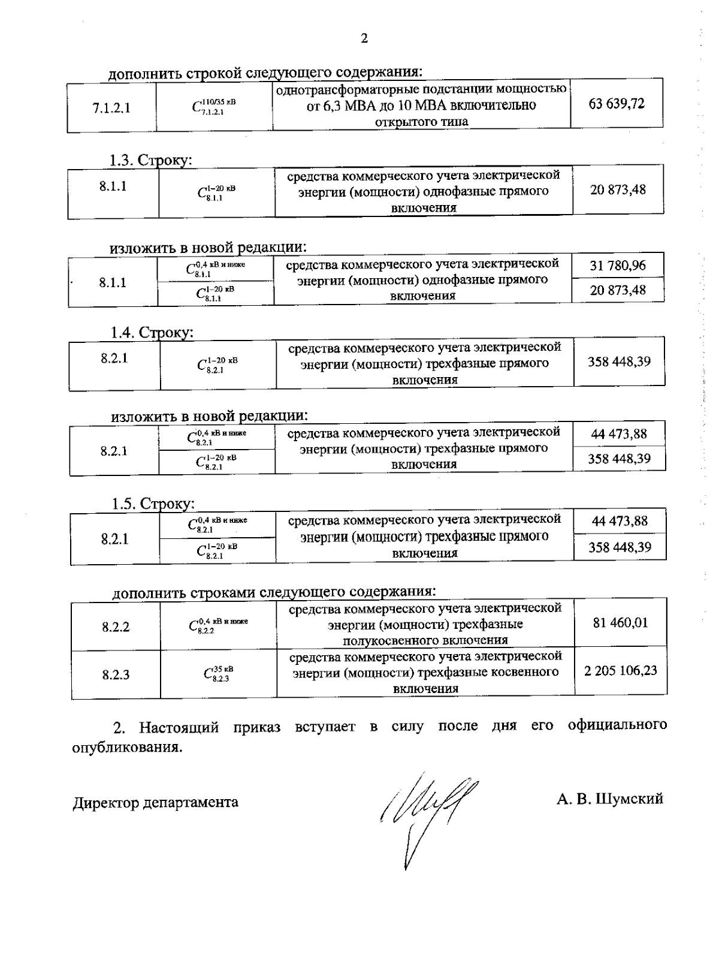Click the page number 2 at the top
click(364, 39)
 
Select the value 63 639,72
click(617, 104)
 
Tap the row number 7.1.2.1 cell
click(111, 108)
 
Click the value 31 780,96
click(618, 265)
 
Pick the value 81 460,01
click(620, 623)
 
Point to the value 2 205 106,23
click(621, 670)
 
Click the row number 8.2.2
click(116, 627)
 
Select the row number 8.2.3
click(116, 675)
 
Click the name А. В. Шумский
click(609, 799)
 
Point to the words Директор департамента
click(156, 802)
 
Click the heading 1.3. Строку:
click(150, 161)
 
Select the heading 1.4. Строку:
click(152, 332)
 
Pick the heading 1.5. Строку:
click(153, 504)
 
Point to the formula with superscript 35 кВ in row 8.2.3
click(218, 674)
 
